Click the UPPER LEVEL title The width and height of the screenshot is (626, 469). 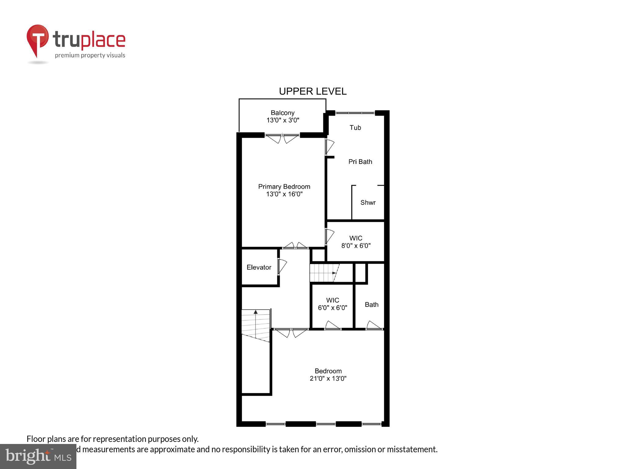click(x=312, y=91)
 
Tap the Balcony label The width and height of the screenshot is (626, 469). click(x=282, y=113)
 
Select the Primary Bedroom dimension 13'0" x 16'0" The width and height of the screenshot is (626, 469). click(x=284, y=194)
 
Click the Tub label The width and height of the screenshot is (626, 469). click(x=355, y=128)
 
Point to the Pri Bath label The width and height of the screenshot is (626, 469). click(x=360, y=162)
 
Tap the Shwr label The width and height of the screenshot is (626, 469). click(x=368, y=203)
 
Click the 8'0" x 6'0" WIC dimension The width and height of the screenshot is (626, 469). click(x=356, y=246)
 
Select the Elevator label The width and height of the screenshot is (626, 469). click(x=259, y=267)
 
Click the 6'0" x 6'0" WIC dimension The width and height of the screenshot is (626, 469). click(x=333, y=308)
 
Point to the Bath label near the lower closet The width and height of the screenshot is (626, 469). click(x=371, y=305)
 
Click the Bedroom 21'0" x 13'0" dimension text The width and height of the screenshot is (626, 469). click(x=328, y=379)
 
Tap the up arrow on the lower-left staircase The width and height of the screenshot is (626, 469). click(x=256, y=312)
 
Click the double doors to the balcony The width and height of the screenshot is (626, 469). click(x=282, y=138)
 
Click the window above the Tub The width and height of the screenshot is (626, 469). click(x=355, y=113)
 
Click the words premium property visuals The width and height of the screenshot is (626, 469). click(x=90, y=56)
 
